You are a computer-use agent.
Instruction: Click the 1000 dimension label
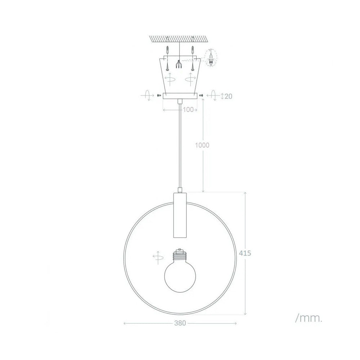(x=202, y=145)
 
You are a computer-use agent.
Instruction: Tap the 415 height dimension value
(x=245, y=253)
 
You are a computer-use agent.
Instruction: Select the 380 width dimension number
(x=180, y=323)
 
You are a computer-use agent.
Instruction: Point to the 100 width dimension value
(x=188, y=110)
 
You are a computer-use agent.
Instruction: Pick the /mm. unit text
(x=309, y=318)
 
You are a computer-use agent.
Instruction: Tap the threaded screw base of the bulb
(x=180, y=255)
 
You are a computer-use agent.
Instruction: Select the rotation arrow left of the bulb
(x=158, y=258)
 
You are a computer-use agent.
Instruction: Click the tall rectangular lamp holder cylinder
(x=180, y=215)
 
